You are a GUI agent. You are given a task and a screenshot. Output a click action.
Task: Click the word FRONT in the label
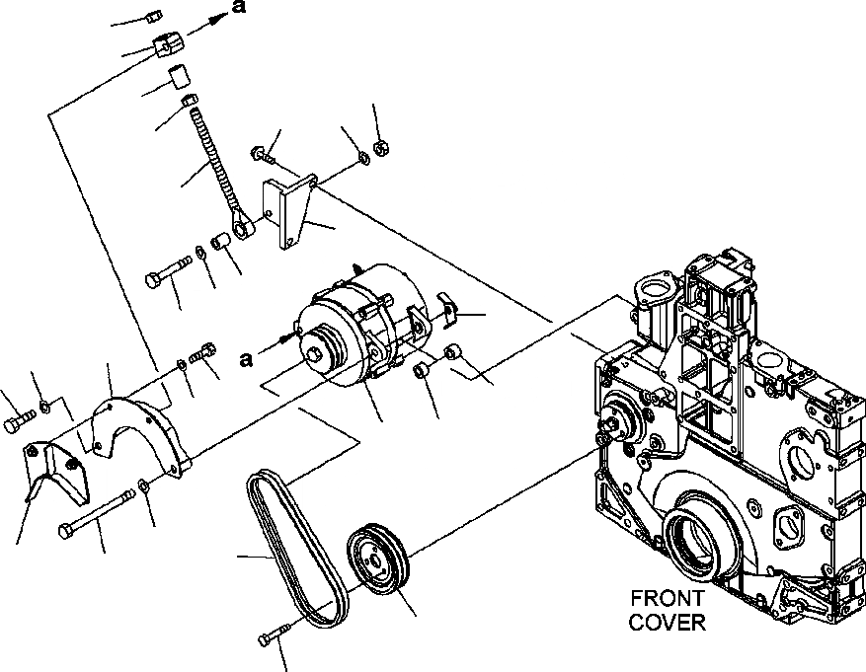(667, 599)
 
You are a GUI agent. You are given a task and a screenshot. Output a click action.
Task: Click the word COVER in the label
(667, 622)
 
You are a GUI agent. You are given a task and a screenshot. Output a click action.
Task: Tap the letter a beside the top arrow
(238, 8)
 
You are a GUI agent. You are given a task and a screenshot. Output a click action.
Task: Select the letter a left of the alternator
(246, 359)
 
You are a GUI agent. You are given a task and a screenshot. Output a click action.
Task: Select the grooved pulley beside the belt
(380, 562)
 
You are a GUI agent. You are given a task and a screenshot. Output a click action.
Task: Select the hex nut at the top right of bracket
(382, 148)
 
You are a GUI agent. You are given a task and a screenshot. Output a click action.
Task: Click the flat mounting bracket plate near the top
(291, 212)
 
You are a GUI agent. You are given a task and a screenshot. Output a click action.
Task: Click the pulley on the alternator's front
(321, 346)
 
